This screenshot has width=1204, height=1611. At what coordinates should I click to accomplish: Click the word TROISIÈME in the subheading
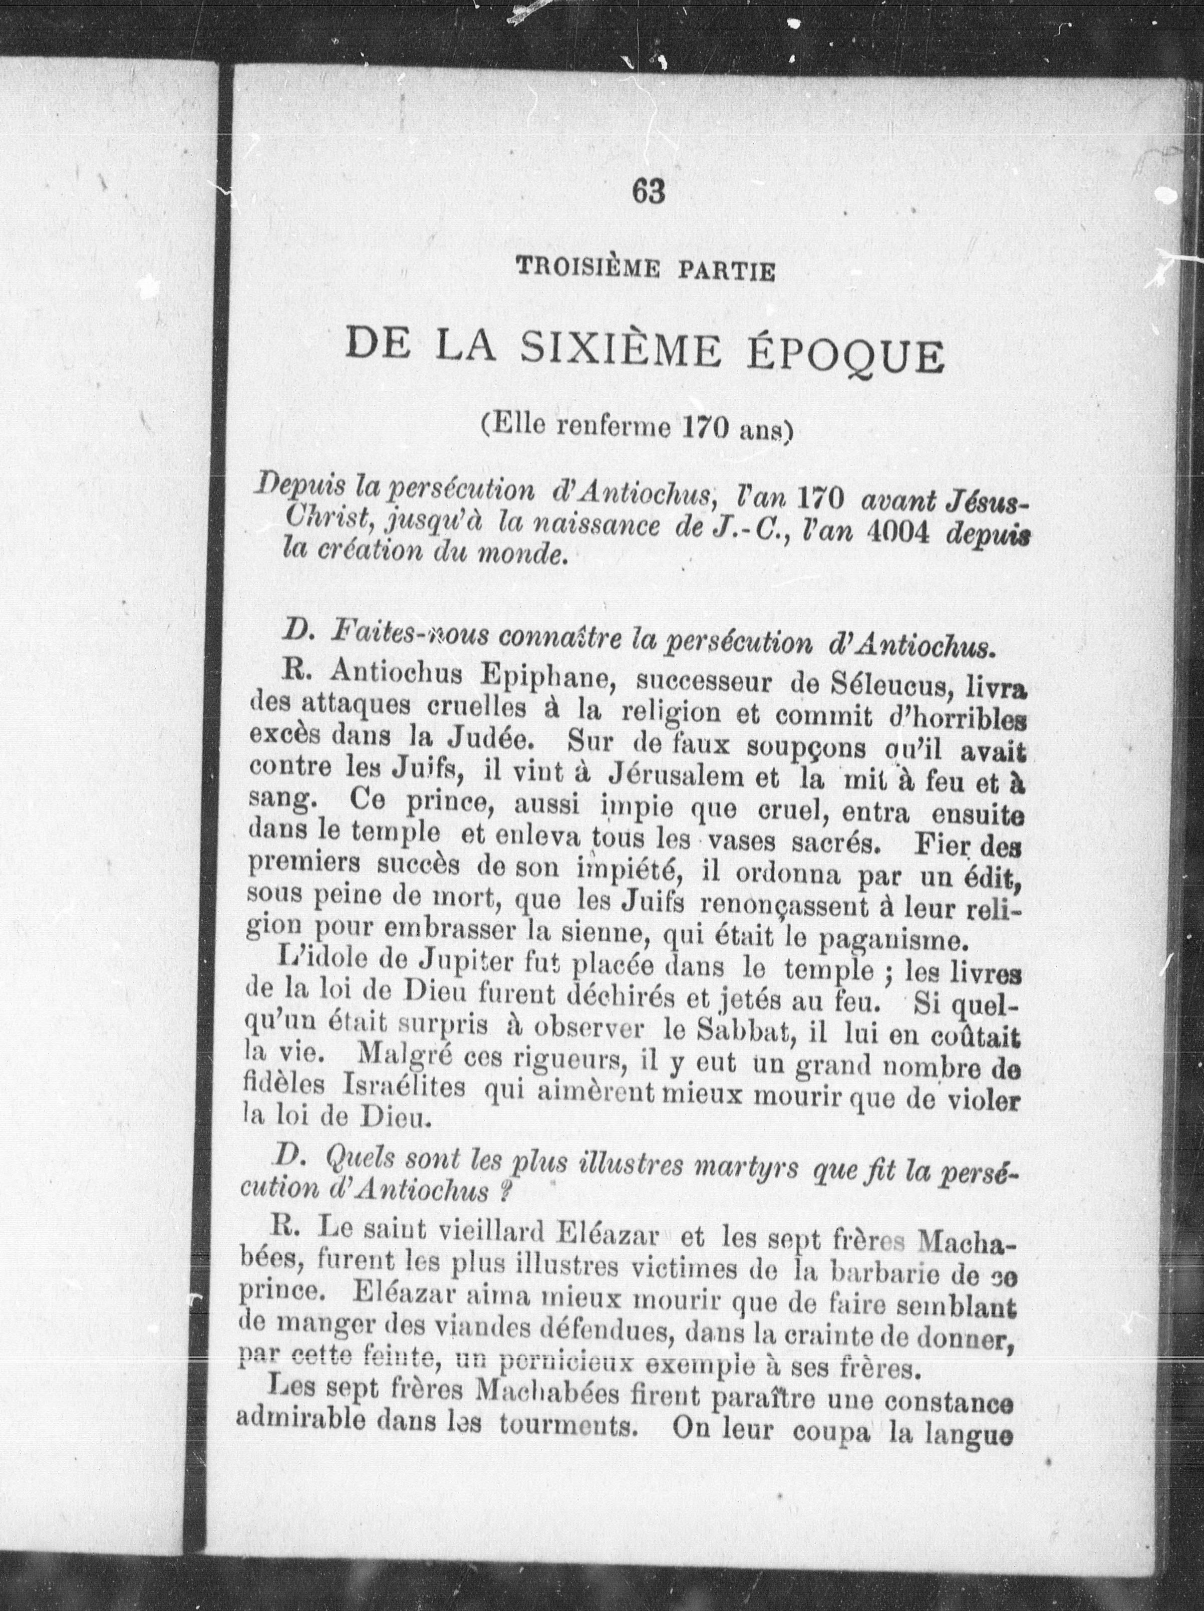pyautogui.click(x=587, y=271)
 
